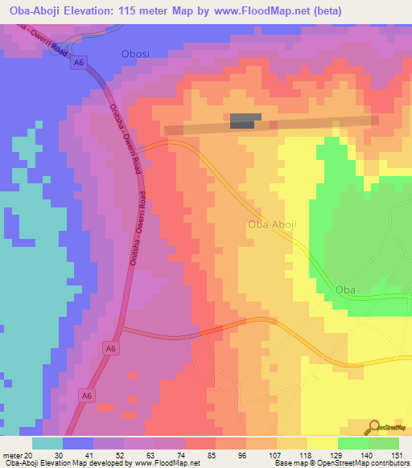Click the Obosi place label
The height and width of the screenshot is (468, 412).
(x=134, y=55)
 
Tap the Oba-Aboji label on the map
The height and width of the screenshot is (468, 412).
(x=272, y=224)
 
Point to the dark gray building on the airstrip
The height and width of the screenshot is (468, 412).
(x=245, y=121)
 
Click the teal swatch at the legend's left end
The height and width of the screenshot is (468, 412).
(x=47, y=443)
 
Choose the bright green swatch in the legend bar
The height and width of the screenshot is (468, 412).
(x=353, y=443)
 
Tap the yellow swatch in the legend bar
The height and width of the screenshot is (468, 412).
(x=323, y=443)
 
